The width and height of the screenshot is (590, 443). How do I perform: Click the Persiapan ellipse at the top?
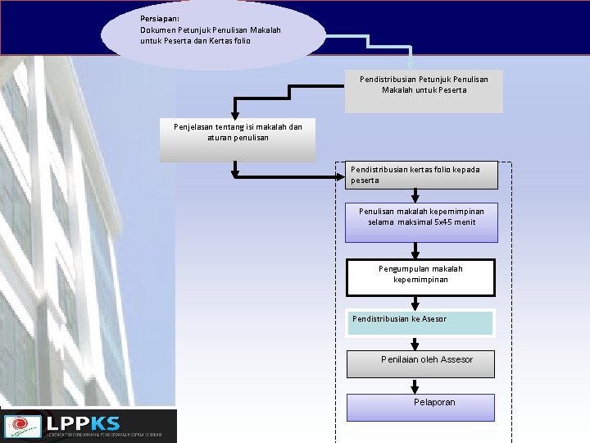(x=213, y=34)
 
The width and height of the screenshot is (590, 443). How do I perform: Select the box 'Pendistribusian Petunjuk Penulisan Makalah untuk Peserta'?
(x=424, y=91)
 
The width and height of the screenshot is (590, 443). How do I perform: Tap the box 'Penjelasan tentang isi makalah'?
(x=238, y=139)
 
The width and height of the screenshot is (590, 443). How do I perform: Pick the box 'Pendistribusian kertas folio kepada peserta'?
(x=420, y=175)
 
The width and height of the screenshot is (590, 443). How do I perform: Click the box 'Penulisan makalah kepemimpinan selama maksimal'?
(x=420, y=222)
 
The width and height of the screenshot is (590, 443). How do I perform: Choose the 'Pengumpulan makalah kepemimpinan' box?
(x=420, y=277)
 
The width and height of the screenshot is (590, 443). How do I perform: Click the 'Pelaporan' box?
(x=420, y=407)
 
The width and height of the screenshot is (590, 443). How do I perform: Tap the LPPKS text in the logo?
(x=83, y=423)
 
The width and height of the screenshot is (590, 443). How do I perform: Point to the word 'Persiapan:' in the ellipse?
(x=160, y=18)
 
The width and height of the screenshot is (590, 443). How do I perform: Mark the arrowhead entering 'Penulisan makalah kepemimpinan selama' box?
(x=415, y=198)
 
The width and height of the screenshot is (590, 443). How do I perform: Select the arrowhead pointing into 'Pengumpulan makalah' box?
(x=415, y=254)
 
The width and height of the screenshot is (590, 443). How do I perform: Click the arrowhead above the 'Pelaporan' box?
(x=415, y=389)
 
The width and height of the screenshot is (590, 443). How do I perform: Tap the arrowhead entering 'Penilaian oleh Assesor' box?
(x=415, y=346)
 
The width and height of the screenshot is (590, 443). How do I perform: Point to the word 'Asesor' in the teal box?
(x=434, y=318)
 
